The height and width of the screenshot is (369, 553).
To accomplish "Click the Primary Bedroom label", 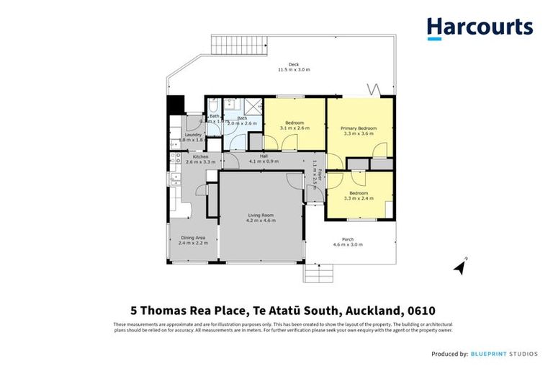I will tap(359, 128).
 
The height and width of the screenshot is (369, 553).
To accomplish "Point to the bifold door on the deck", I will tap(372, 90).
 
